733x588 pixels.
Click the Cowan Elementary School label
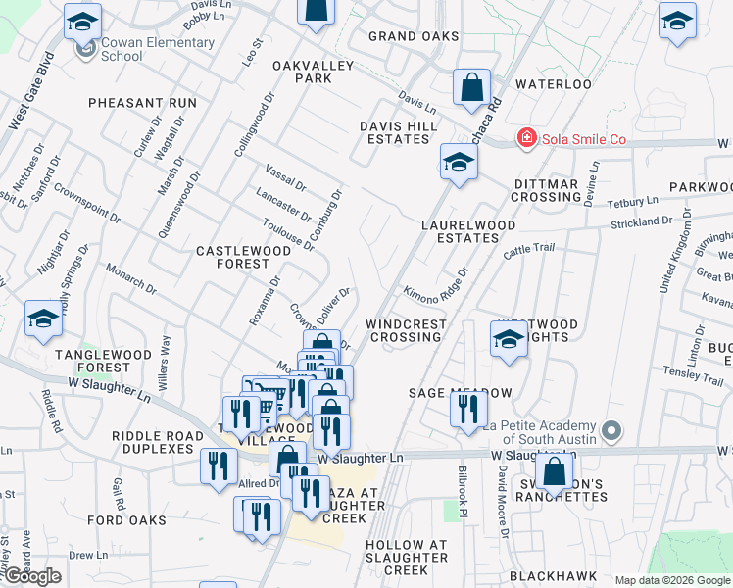[x=157, y=49]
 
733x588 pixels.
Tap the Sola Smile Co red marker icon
[x=527, y=138]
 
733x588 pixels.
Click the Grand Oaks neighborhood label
[x=414, y=36]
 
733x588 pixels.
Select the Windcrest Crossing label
[x=406, y=330]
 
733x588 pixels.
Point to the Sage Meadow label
[x=461, y=393]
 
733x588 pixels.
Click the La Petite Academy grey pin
[x=611, y=430]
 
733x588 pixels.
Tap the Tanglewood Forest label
[x=92, y=361]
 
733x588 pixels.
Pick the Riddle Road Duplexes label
[x=154, y=442]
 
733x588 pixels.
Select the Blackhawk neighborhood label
[x=552, y=576]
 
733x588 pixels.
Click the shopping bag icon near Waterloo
[x=471, y=87]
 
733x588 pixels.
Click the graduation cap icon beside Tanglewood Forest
[x=44, y=319]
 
